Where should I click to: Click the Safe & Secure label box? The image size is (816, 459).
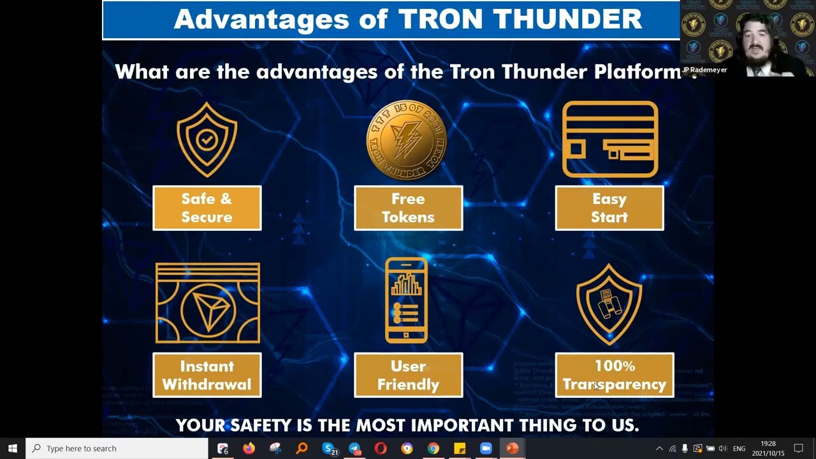207,208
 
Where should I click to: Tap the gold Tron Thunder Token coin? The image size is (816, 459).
407,140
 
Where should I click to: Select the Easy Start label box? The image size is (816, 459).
609,208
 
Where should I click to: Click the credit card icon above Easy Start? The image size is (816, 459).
610,139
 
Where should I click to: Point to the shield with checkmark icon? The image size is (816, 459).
207,140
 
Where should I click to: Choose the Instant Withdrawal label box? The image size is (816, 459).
207,375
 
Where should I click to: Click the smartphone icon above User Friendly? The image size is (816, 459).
407,300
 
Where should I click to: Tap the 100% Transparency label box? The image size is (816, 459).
614,375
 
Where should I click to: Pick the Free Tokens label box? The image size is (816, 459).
408,208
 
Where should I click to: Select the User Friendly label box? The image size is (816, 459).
408,375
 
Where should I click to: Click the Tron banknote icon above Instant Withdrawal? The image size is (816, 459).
207,303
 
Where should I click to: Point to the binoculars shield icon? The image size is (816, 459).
609,304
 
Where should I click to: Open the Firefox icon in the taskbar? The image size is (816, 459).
249,448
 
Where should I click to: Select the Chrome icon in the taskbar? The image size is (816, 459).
433,448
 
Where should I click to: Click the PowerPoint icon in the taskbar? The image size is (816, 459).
511,448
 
